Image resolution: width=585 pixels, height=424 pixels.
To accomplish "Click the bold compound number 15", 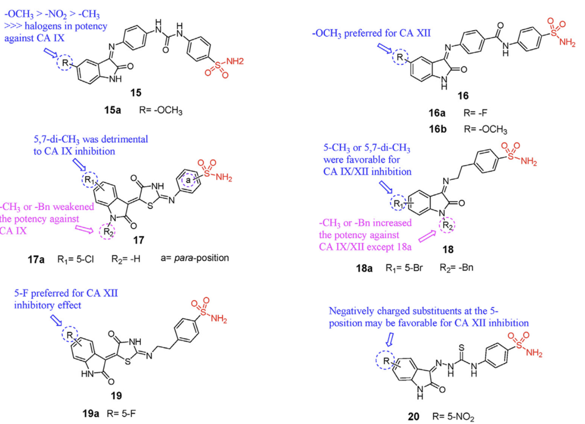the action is click(136, 93).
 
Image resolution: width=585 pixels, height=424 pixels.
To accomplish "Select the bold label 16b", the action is click(438, 129).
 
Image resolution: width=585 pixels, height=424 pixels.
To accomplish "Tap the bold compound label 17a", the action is click(36, 260).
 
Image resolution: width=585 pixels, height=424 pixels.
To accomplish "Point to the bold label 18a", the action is click(364, 268).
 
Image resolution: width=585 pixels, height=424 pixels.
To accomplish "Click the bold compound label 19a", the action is click(91, 414).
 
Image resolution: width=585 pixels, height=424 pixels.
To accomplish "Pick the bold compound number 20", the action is click(414, 416).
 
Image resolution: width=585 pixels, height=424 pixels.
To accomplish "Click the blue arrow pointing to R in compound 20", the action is click(390, 340).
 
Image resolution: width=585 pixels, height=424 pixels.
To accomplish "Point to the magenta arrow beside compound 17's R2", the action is click(84, 229).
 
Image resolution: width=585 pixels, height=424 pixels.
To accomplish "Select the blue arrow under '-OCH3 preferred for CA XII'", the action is click(384, 48).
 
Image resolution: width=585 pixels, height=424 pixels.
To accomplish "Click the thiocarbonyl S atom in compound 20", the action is click(462, 347).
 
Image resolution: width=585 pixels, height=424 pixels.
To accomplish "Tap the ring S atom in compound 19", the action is click(127, 362).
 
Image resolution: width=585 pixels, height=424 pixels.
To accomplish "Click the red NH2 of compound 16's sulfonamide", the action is click(567, 42).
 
